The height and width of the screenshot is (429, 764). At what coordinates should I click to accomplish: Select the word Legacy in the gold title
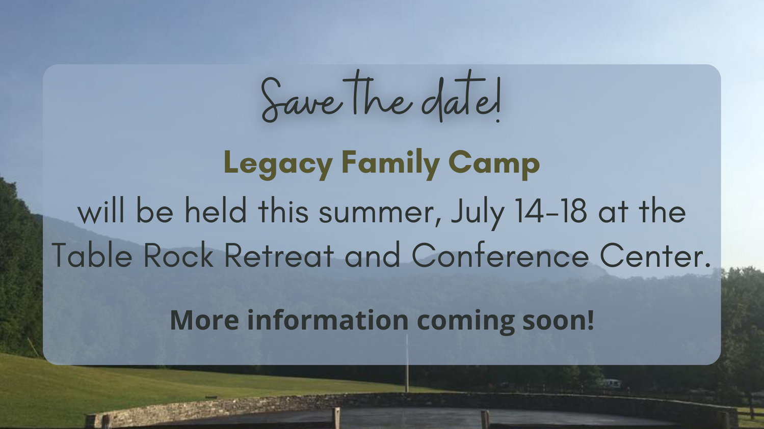point(278,164)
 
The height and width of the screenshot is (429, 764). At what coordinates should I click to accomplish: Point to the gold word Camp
point(494,164)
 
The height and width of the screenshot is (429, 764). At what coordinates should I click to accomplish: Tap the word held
point(215,210)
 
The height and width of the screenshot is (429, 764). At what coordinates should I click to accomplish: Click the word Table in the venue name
point(92,254)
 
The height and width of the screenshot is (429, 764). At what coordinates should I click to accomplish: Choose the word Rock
point(178,254)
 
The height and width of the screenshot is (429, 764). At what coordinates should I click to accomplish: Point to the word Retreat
point(279,255)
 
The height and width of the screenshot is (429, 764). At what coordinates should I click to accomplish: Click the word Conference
point(500,254)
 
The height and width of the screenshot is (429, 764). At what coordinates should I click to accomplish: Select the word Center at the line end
point(655,255)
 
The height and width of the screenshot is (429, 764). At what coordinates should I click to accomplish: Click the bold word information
point(328,320)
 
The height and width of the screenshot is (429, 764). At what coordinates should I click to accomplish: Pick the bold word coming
point(465,322)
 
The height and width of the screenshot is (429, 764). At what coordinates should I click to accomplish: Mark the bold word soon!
point(558,320)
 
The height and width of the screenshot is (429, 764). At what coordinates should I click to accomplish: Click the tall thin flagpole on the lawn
point(407,363)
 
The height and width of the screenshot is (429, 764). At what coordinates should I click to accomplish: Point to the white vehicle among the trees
point(611,384)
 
